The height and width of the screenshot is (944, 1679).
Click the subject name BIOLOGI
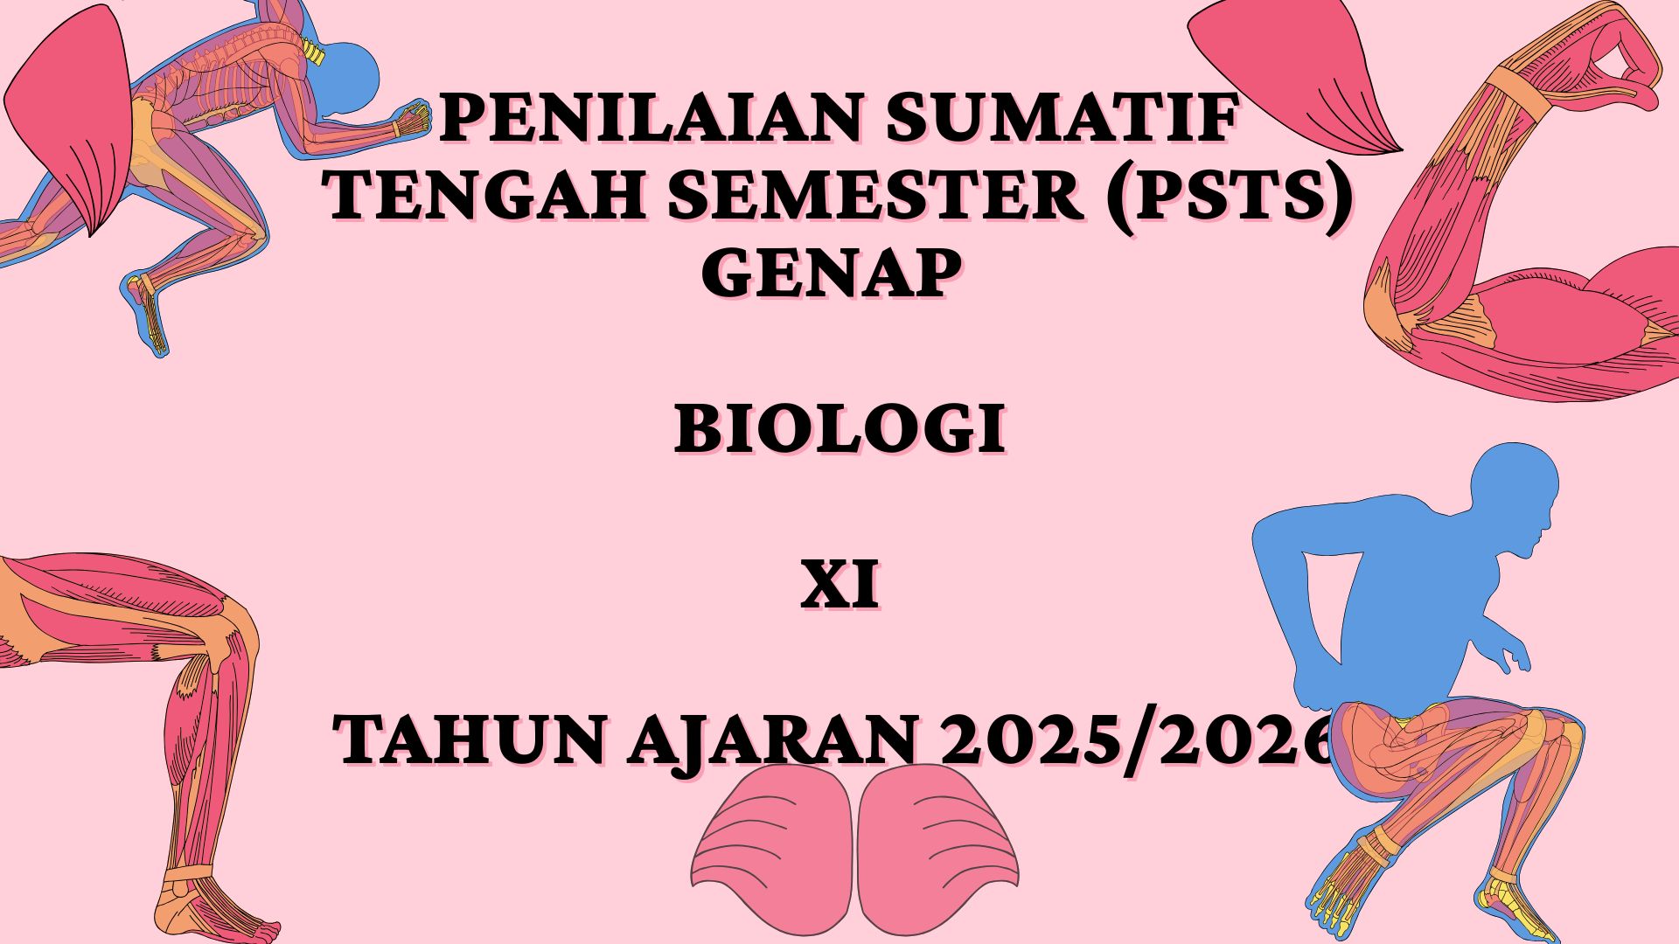[x=839, y=429]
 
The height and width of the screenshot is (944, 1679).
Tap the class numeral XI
[x=839, y=587]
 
